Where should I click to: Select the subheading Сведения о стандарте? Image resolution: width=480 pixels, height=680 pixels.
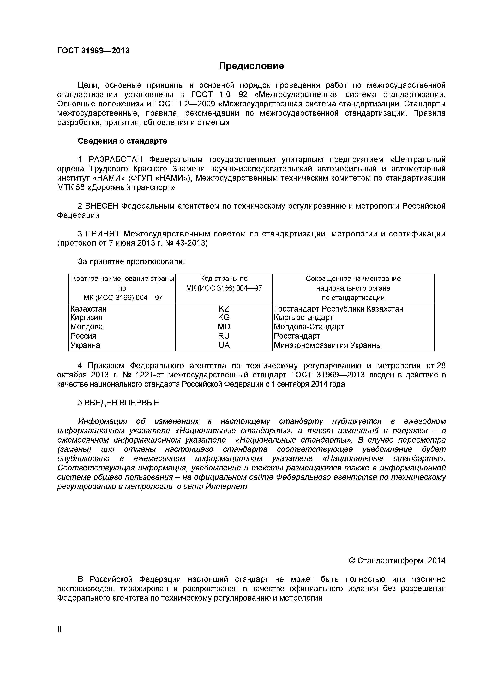pyautogui.click(x=122, y=141)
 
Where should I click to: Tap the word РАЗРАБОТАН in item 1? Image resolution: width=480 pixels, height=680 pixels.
pyautogui.click(x=116, y=160)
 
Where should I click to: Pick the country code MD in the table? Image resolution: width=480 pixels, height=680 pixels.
pyautogui.click(x=224, y=327)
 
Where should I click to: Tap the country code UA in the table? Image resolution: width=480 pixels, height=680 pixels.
pyautogui.click(x=224, y=345)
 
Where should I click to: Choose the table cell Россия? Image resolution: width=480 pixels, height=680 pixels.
pyautogui.click(x=83, y=336)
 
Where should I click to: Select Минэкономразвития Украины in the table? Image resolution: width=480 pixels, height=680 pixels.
pyautogui.click(x=327, y=345)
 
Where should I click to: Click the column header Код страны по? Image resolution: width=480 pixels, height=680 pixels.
pyautogui.click(x=224, y=279)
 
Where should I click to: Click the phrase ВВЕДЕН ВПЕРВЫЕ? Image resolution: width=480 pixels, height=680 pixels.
pyautogui.click(x=122, y=403)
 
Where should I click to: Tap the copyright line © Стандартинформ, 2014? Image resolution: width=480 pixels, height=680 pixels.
pyautogui.click(x=397, y=561)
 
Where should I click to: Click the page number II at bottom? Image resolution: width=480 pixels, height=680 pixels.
pyautogui.click(x=59, y=638)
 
